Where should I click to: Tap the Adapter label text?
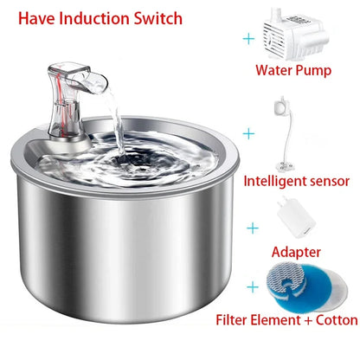coord(296,253)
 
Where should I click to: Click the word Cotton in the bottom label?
coord(332,320)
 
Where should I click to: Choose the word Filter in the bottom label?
coord(235,320)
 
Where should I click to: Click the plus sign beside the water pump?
coord(251,39)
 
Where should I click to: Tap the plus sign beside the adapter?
coord(252,227)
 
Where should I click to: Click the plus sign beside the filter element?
coord(252,286)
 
